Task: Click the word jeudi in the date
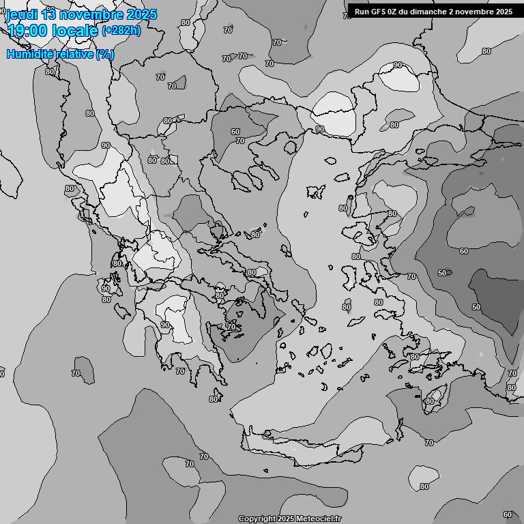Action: point(23,14)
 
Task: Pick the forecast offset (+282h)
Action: point(122,31)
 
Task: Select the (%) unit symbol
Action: point(105,54)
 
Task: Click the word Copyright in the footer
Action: point(257,519)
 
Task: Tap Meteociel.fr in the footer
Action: point(319,519)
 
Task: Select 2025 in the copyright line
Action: point(287,519)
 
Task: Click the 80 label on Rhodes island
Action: point(429,401)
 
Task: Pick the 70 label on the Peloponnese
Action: point(180,371)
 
